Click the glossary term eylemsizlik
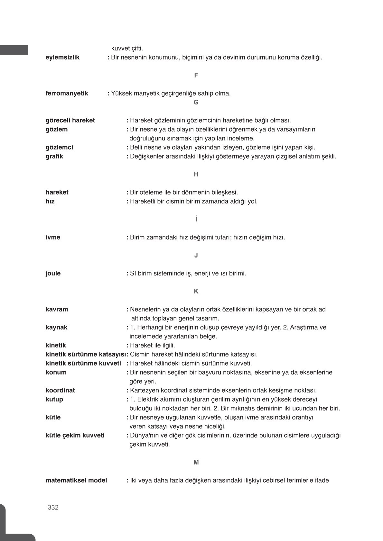[62, 58]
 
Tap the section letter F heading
[196, 75]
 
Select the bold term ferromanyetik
[67, 94]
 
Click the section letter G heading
[196, 102]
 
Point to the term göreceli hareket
[70, 120]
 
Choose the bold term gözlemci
[59, 147]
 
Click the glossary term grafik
[54, 157]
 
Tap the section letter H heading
[196, 174]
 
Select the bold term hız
[50, 202]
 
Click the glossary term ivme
[53, 238]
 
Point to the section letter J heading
[196, 255]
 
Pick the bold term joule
[53, 274]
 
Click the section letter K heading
[196, 291]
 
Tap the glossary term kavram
[57, 310]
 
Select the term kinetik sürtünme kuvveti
[83, 364]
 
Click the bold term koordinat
[60, 391]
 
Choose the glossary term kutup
[54, 400]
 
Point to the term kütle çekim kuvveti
[75, 436]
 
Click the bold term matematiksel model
[76, 481]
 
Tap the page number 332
[53, 508]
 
